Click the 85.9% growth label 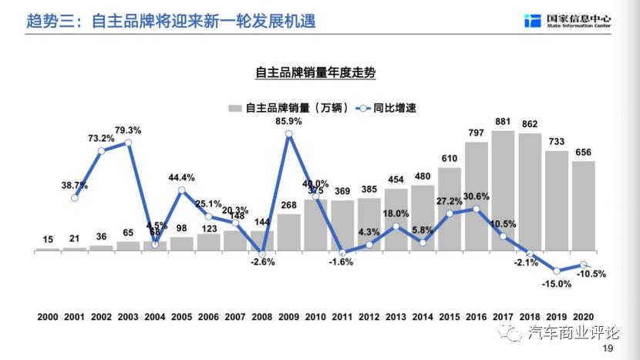coord(288,121)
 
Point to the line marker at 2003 coord(128,143)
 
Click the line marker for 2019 coord(557,271)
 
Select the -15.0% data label coord(556,284)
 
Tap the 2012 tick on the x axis coord(369,318)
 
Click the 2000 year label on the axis coord(48,318)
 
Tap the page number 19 coord(608,349)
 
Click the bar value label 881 coord(503,122)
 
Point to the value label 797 coord(476,133)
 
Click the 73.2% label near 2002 coord(101,138)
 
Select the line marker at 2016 coord(477,209)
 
